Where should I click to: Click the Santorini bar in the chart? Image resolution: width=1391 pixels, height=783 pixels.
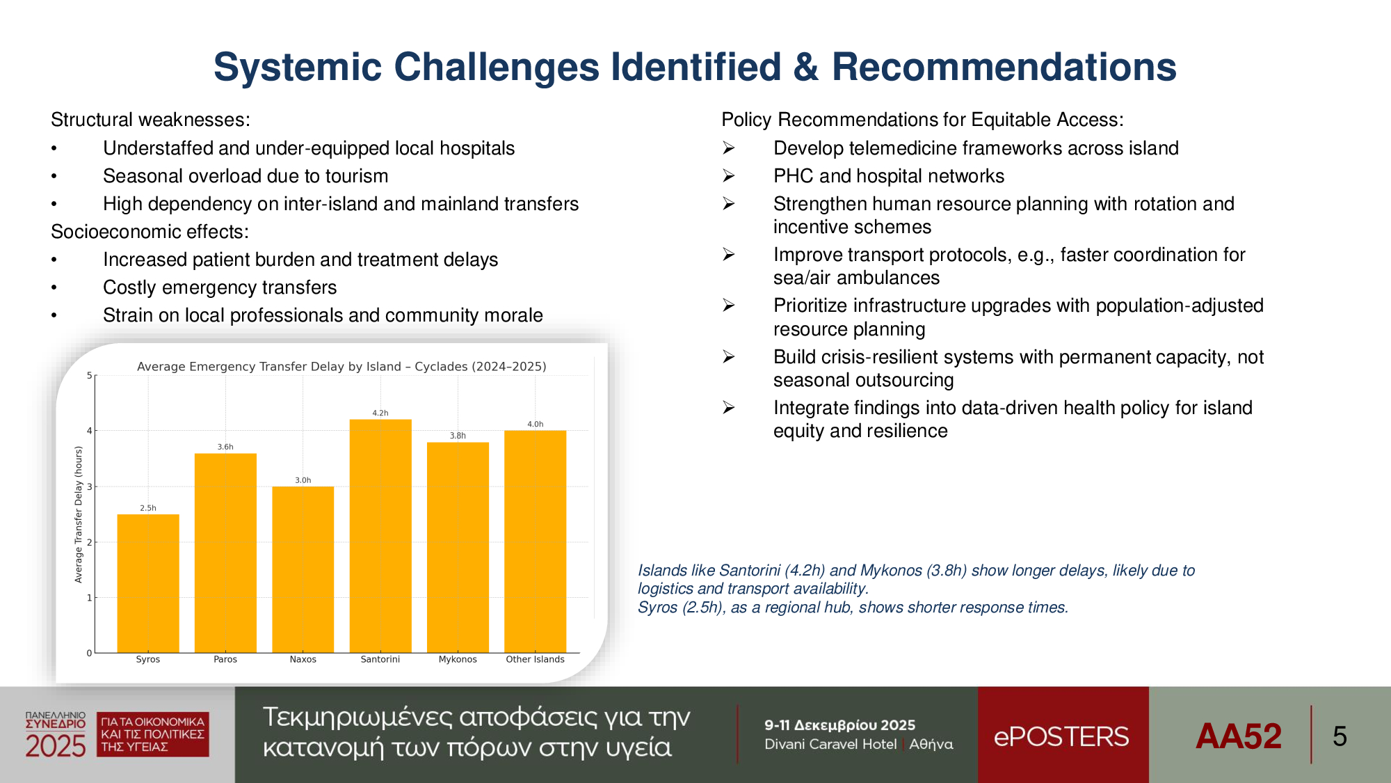[x=380, y=536]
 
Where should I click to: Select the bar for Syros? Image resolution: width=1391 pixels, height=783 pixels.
[x=148, y=583]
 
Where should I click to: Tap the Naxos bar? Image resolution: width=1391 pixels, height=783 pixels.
[x=303, y=569]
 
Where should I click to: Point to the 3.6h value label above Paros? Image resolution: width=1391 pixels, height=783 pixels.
[x=225, y=447]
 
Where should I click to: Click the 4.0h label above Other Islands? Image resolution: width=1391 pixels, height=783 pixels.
[x=536, y=424]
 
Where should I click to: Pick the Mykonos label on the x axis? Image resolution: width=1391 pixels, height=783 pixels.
[x=458, y=659]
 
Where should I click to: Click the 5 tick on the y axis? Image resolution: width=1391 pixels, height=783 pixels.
[x=89, y=376]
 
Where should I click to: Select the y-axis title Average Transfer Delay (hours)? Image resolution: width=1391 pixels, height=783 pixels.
[x=79, y=514]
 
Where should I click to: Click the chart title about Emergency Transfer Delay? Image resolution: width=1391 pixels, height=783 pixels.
[x=341, y=367]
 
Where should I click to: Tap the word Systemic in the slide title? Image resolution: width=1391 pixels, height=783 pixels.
[x=298, y=67]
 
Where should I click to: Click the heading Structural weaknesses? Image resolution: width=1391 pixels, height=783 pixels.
[x=150, y=120]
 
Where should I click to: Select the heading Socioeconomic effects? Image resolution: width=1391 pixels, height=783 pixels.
[x=150, y=232]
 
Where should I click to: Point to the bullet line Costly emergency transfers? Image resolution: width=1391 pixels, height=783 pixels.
[x=220, y=287]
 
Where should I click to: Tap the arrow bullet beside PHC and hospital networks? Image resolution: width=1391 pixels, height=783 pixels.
[x=728, y=176]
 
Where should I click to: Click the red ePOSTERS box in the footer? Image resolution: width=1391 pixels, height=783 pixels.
[x=1063, y=735]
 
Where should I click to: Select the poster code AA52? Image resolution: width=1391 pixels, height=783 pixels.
[x=1239, y=736]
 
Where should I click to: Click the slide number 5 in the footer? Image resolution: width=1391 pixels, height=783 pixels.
[x=1340, y=736]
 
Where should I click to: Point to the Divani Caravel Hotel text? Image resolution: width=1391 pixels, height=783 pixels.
[x=830, y=744]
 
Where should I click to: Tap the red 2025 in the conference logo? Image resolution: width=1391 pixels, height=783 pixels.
[x=56, y=746]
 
